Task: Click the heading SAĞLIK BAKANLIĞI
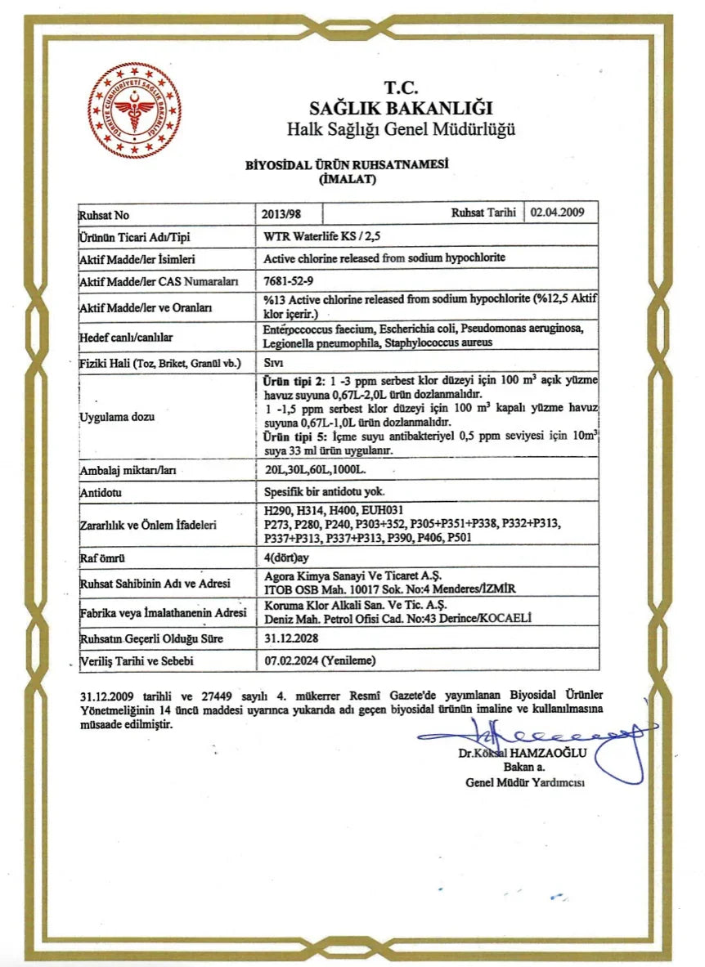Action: [401, 108]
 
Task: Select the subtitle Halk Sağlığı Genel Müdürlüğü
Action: [401, 129]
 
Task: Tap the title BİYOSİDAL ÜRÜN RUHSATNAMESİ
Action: [348, 163]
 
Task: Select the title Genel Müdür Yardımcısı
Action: [525, 782]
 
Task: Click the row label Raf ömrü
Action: [101, 559]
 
